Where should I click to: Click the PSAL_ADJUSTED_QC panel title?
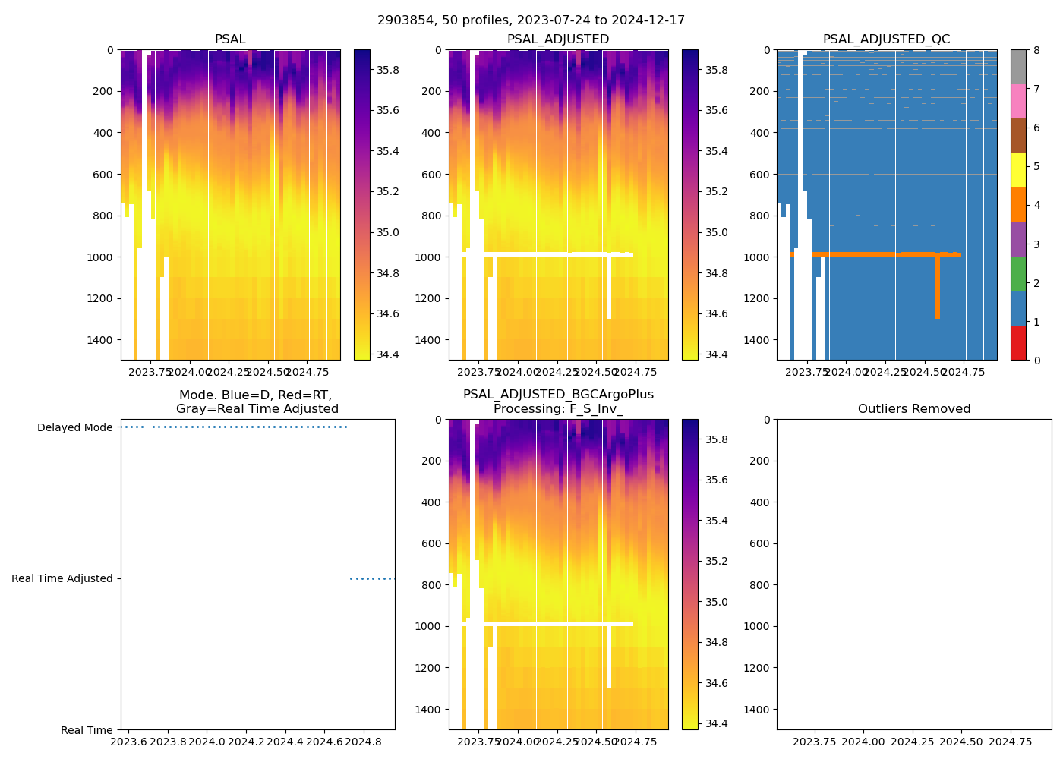click(886, 39)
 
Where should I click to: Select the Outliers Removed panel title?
click(914, 409)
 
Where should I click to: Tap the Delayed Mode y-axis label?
click(74, 427)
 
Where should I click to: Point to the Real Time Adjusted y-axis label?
click(62, 578)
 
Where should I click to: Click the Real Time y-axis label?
click(87, 730)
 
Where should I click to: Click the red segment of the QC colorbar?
click(1018, 342)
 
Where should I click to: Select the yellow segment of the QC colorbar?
click(1018, 170)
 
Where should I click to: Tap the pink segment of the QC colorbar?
click(1018, 101)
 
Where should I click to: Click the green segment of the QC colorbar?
click(1018, 273)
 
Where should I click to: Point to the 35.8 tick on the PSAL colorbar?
click(388, 70)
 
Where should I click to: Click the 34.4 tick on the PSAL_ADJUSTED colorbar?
click(716, 354)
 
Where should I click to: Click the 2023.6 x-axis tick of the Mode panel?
click(129, 741)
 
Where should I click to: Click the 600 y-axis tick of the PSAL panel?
click(104, 174)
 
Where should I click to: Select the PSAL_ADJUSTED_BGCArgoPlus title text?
click(558, 395)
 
